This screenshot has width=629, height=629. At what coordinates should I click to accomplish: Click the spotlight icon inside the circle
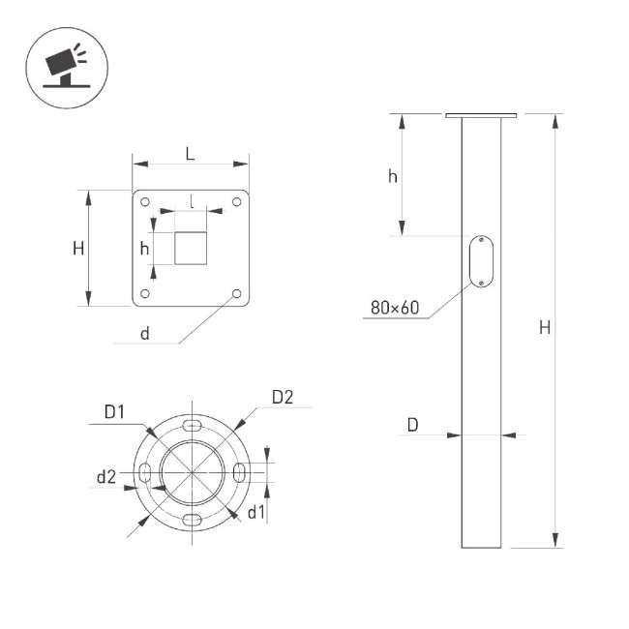pyautogui.click(x=65, y=65)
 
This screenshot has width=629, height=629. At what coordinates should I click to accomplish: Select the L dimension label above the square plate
pyautogui.click(x=190, y=153)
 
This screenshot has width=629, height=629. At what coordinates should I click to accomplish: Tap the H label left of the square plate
pyautogui.click(x=77, y=248)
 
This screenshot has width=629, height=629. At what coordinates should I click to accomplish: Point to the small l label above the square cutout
pyautogui.click(x=193, y=202)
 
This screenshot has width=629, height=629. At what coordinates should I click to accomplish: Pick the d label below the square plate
pyautogui.click(x=144, y=334)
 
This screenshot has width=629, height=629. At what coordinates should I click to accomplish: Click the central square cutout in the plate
pyautogui.click(x=191, y=248)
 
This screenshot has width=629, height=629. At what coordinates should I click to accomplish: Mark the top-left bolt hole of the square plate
pyautogui.click(x=145, y=203)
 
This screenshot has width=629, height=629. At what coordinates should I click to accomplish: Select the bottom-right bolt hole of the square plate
pyautogui.click(x=236, y=293)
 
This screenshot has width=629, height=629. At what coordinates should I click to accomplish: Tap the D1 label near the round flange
pyautogui.click(x=115, y=412)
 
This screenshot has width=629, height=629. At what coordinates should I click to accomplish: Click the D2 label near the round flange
pyautogui.click(x=282, y=397)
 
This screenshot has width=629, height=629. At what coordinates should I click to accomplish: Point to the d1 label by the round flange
pyautogui.click(x=255, y=512)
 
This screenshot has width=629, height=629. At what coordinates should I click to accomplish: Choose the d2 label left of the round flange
pyautogui.click(x=106, y=476)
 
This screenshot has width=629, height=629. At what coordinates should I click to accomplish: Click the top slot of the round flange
pyautogui.click(x=193, y=426)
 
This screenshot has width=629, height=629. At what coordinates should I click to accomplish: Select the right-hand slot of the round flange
pyautogui.click(x=239, y=471)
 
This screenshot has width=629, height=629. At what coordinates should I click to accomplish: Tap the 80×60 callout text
pyautogui.click(x=395, y=309)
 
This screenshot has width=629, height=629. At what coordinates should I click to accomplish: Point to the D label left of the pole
pyautogui.click(x=412, y=425)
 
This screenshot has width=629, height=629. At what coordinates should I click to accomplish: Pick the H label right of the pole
pyautogui.click(x=545, y=328)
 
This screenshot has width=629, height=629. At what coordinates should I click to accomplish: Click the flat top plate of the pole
pyautogui.click(x=481, y=116)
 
